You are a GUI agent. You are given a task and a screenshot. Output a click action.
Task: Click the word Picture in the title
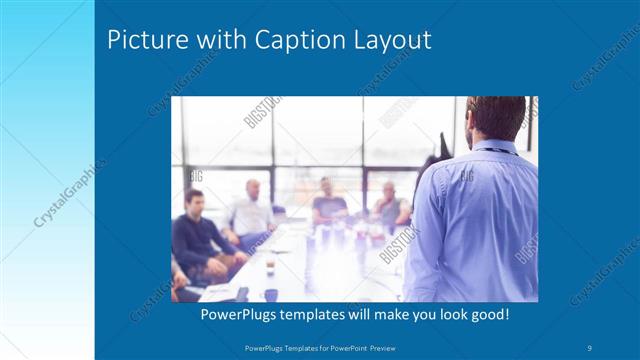(141, 41)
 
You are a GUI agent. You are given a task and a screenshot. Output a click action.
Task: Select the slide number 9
(591, 347)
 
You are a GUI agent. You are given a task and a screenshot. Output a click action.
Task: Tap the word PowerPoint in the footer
(344, 347)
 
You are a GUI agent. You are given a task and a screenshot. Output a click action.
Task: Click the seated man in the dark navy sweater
(196, 235)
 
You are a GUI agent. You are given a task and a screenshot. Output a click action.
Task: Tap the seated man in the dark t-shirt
(327, 204)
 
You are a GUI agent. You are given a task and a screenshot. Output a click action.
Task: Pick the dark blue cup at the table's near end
(271, 293)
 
